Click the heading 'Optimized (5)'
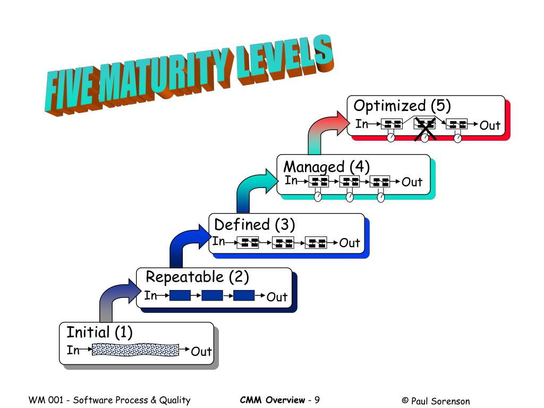[x=402, y=106]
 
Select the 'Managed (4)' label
[x=326, y=166]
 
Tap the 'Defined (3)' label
[x=254, y=225]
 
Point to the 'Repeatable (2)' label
[x=197, y=277]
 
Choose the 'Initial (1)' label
[x=99, y=333]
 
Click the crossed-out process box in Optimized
[x=425, y=124]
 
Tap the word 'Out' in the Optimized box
[x=490, y=126]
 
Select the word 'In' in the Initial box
[x=73, y=350]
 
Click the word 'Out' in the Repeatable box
[x=277, y=297]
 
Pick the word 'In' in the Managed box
[x=291, y=181]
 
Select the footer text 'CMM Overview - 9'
[x=279, y=400]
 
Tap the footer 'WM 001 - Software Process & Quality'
[x=109, y=400]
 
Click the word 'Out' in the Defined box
[x=350, y=243]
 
